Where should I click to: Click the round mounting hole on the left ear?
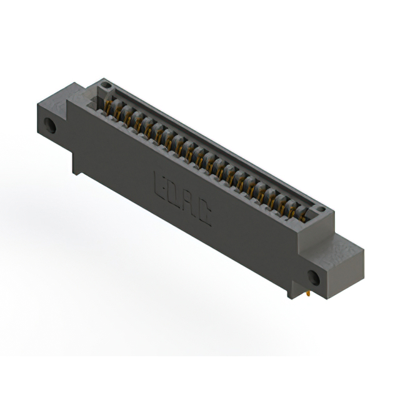point(51,127)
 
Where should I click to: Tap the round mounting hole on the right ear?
point(314,278)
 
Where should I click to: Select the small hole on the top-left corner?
point(106,85)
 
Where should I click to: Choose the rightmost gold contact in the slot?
point(302,215)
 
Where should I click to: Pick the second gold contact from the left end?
point(118,113)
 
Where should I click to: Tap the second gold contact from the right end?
point(291,210)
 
